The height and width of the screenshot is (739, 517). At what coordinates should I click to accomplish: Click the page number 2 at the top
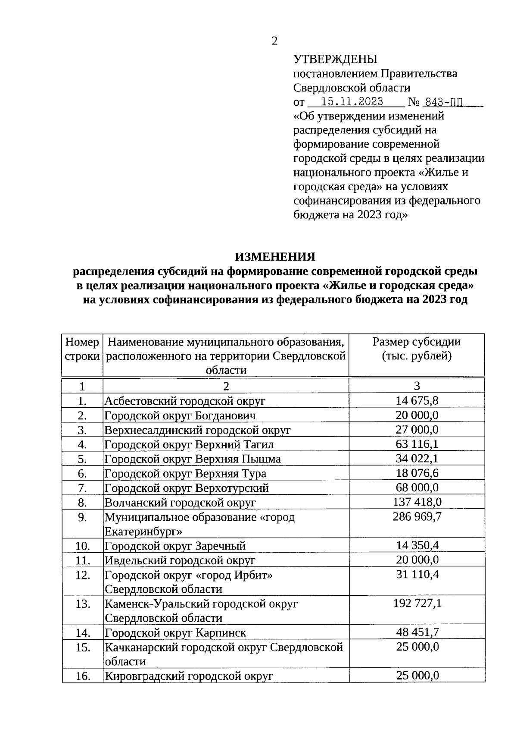[x=274, y=41]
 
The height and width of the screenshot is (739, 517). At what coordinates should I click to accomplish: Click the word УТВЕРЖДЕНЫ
[x=335, y=59]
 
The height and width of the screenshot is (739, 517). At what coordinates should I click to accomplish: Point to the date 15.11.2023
[x=352, y=102]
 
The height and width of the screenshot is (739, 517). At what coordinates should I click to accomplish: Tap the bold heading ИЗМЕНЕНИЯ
[x=275, y=257]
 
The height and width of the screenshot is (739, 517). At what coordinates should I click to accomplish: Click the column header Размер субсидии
[x=416, y=342]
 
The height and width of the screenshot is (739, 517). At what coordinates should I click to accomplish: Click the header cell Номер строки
[x=82, y=349]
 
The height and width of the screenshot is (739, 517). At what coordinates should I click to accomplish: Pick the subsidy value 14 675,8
[x=417, y=401]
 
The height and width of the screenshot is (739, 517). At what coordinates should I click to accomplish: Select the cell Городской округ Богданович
[x=180, y=416]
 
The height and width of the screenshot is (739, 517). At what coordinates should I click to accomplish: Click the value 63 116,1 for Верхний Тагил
[x=417, y=444]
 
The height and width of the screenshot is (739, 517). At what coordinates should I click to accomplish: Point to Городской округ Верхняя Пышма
[x=193, y=459]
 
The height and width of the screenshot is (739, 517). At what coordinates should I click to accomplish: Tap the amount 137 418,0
[x=417, y=502]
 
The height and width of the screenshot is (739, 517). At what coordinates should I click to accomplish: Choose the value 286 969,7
[x=417, y=516]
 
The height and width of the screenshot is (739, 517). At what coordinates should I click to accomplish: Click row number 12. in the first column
[x=82, y=575]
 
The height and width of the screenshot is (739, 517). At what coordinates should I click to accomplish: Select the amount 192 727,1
[x=417, y=603]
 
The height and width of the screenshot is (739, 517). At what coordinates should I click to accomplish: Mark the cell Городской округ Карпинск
[x=176, y=633]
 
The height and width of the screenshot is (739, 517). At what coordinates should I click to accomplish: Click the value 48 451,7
[x=417, y=632]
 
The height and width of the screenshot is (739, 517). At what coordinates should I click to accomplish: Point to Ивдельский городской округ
[x=180, y=560]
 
